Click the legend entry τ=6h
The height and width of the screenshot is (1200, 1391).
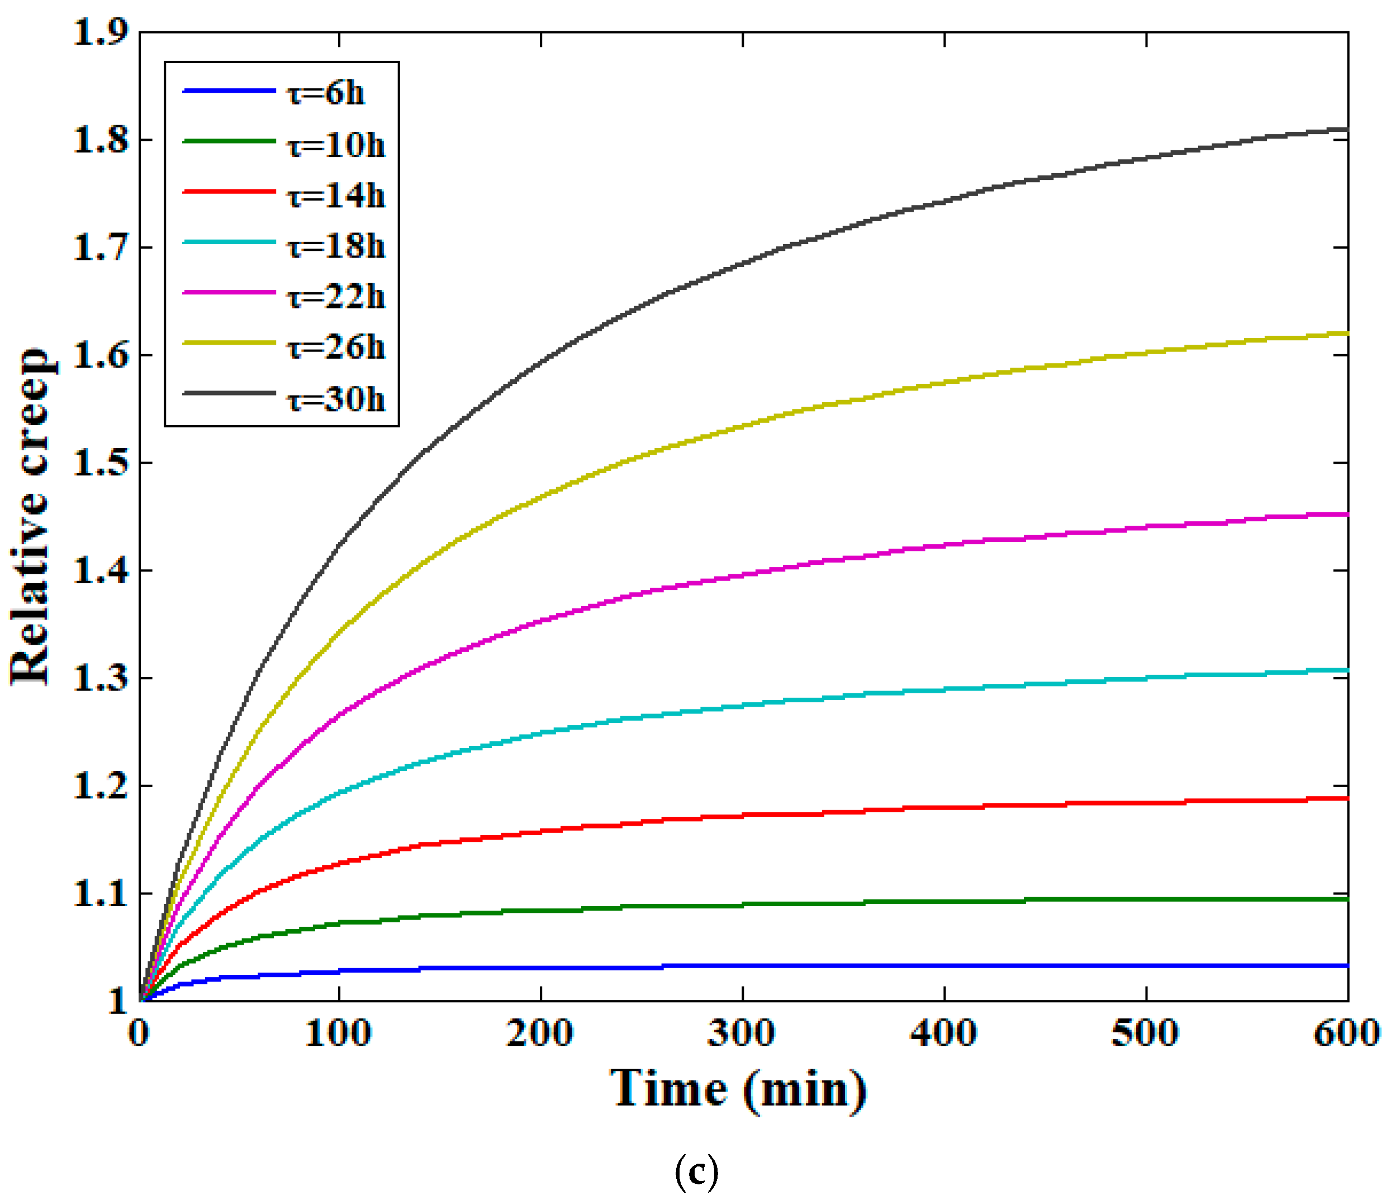coord(326,93)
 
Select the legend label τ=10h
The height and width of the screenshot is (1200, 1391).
coord(336,144)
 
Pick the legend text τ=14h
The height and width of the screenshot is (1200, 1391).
coord(336,196)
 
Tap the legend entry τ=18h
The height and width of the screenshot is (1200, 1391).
coord(336,246)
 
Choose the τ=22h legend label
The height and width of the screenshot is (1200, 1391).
coord(336,296)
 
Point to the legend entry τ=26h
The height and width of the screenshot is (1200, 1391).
coord(336,347)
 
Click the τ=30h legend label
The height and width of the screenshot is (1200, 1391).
coord(336,399)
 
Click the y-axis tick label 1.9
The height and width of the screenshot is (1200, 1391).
coord(101,32)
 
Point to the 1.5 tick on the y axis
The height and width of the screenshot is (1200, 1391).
coord(101,463)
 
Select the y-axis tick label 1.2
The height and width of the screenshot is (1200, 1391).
coord(101,786)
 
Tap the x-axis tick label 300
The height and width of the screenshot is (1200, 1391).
coord(742,1033)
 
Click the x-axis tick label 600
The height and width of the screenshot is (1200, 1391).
coord(1346,1033)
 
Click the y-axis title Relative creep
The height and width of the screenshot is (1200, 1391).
coord(31,517)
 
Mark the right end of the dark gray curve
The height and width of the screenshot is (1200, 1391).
coord(1347,130)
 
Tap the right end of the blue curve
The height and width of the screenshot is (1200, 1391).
coord(1347,966)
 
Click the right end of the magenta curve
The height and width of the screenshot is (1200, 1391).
coord(1347,515)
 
